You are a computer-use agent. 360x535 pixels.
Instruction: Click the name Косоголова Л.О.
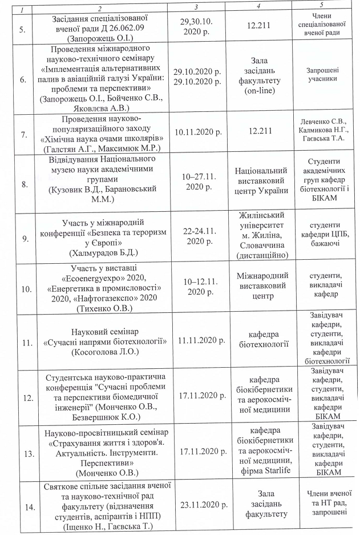(105, 353)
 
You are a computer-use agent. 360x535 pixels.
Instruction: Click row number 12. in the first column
(25, 396)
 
